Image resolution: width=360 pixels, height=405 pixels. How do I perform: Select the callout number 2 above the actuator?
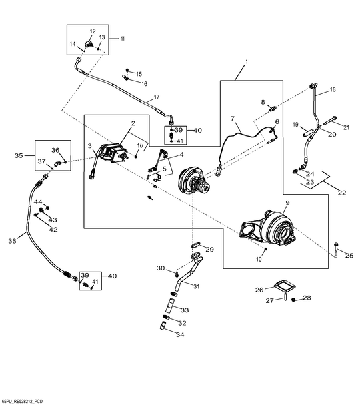click(x=133, y=123)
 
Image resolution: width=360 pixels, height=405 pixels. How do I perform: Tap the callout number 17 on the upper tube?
click(x=157, y=97)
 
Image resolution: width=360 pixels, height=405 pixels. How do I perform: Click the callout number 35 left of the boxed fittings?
click(x=19, y=155)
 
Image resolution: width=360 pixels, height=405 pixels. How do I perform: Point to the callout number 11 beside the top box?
click(x=122, y=39)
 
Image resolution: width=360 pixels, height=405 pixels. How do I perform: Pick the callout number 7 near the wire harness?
click(x=233, y=119)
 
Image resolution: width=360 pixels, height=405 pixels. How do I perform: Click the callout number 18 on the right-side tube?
click(x=333, y=89)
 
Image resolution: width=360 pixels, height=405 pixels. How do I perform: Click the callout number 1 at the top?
click(x=247, y=61)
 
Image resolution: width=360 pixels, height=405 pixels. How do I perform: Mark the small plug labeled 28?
click(x=294, y=300)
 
